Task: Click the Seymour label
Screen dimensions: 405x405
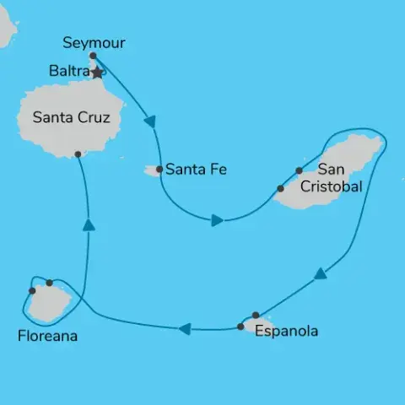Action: pos(92,41)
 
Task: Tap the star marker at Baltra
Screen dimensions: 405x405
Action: pos(97,73)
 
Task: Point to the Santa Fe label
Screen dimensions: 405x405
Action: pos(197,169)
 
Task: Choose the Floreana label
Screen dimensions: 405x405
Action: pos(47,336)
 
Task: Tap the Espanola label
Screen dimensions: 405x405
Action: pos(287,331)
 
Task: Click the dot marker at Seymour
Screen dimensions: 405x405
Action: pos(93,56)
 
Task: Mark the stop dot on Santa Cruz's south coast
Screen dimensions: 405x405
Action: pos(78,154)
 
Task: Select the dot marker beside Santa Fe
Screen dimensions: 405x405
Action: pos(159,169)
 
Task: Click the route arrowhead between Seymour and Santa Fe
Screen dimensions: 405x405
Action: pos(151,123)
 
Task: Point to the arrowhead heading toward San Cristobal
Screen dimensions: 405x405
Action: pos(218,221)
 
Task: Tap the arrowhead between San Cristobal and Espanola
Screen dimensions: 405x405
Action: pos(321,274)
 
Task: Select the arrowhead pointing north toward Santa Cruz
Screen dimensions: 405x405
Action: pos(88,224)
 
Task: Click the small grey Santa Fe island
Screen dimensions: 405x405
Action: pos(152,171)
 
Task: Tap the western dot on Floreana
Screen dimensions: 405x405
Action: pos(32,290)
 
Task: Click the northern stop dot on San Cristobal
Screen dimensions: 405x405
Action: pos(300,170)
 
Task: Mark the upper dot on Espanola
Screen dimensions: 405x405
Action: pos(256,315)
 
